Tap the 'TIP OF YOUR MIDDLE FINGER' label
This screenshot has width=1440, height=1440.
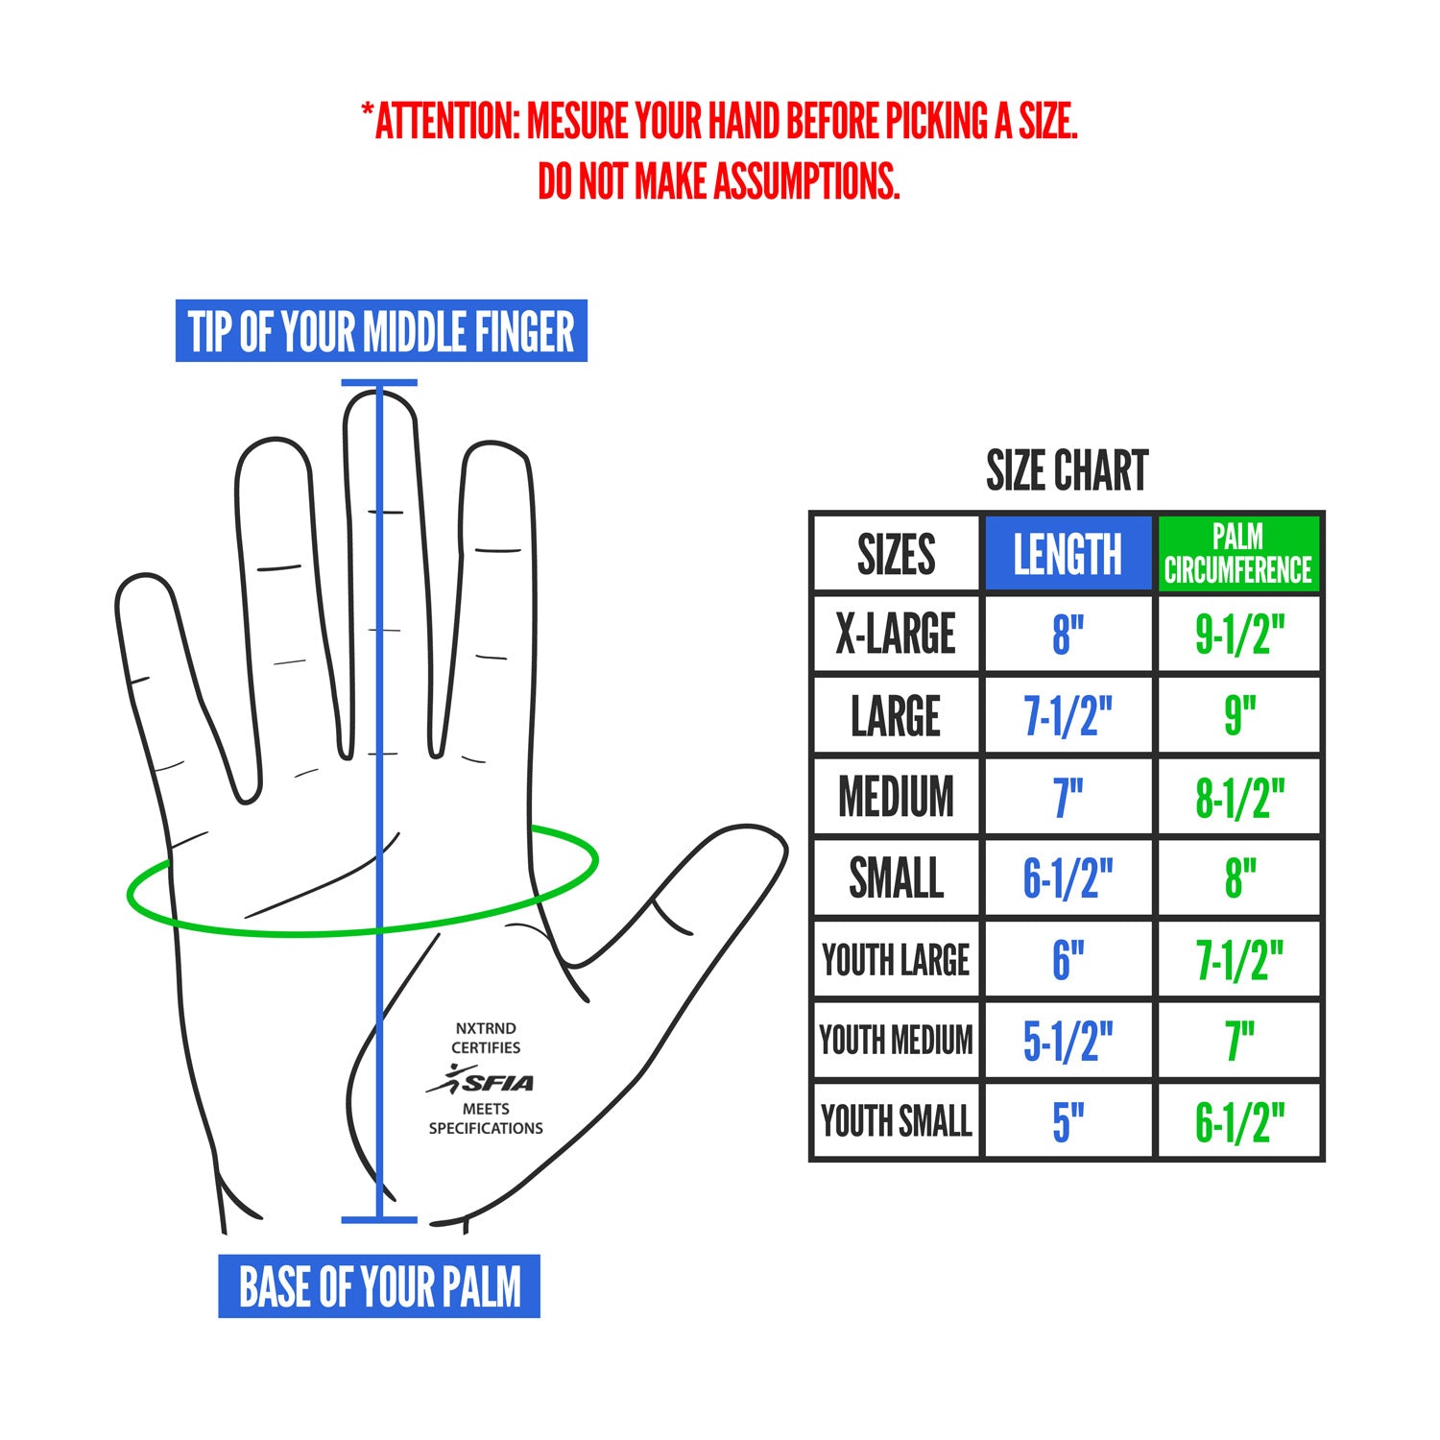381,331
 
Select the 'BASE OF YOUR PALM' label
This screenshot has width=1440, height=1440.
379,1286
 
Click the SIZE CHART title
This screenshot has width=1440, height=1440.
1067,470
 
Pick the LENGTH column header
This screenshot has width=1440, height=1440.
1068,554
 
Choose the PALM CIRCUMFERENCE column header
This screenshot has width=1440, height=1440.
1238,554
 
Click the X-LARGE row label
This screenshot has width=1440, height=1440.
896,634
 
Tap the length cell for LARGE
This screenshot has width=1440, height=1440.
1068,716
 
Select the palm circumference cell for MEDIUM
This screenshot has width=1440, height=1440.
1239,798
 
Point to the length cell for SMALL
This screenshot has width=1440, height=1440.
1068,878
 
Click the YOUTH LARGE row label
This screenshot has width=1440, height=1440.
896,960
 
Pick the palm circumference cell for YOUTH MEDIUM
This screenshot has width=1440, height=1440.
1239,1041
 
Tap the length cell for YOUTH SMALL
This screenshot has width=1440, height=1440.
1068,1121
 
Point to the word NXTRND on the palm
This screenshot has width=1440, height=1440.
485,1028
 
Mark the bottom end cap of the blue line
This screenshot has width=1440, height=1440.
379,1220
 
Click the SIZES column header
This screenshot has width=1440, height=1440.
896,554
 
